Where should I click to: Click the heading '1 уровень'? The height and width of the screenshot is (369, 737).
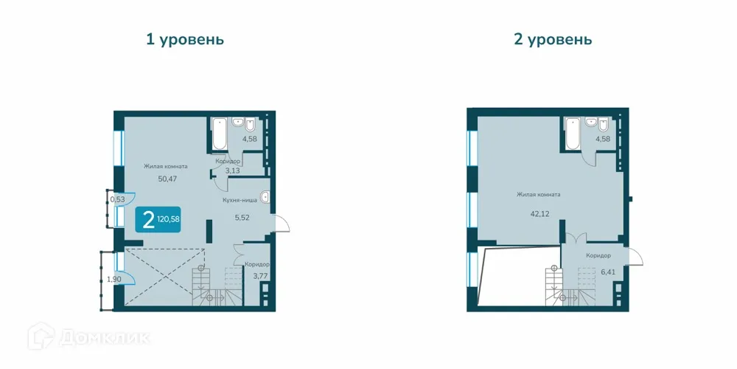click(184, 39)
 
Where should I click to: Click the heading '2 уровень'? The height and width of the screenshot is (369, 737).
click(553, 39)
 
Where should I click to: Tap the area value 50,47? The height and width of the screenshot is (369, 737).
click(167, 179)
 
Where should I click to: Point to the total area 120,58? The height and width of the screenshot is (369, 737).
click(169, 219)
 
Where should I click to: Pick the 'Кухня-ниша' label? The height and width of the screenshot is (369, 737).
click(240, 199)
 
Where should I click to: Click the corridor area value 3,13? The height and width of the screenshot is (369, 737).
click(232, 170)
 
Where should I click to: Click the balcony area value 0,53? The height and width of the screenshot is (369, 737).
click(117, 199)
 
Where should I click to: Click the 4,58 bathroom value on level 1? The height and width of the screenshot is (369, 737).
click(250, 139)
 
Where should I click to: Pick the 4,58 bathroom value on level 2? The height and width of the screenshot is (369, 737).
click(604, 139)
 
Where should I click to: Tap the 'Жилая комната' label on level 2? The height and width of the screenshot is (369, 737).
click(538, 195)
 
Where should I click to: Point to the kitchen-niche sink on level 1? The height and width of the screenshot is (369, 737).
click(265, 197)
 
